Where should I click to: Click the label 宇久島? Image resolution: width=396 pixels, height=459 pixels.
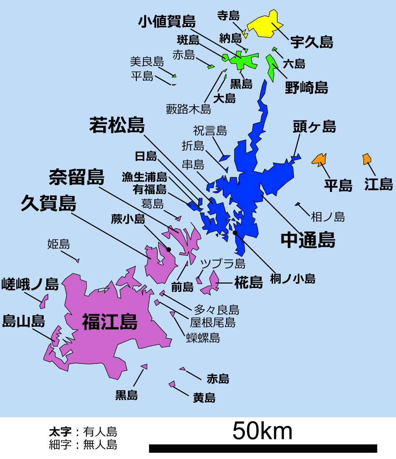pyautogui.click(x=311, y=42)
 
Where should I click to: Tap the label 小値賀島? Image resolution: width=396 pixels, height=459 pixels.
pyautogui.click(x=167, y=22)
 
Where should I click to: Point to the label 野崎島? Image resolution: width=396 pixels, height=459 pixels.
pyautogui.click(x=306, y=87)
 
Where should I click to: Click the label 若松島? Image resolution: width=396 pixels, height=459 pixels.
pyautogui.click(x=117, y=125)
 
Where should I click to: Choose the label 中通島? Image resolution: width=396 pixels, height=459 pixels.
pyautogui.click(x=308, y=240)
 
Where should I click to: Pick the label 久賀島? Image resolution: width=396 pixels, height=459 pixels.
pyautogui.click(x=48, y=203)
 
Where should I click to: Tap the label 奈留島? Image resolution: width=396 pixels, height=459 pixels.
pyautogui.click(x=77, y=177)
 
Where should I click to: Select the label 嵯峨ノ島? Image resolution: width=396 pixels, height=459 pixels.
pyautogui.click(x=30, y=284)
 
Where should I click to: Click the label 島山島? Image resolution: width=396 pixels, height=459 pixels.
pyautogui.click(x=24, y=321)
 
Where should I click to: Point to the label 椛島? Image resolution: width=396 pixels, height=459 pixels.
pyautogui.click(x=248, y=283)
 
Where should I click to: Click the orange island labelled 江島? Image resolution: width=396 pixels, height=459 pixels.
pyautogui.click(x=367, y=159)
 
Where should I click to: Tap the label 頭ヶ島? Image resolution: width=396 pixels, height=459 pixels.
pyautogui.click(x=314, y=127)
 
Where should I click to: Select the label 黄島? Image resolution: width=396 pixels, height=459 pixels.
pyautogui.click(x=204, y=397)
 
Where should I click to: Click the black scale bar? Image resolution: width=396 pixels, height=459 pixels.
pyautogui.click(x=263, y=448)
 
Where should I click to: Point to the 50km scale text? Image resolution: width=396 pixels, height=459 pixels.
pyautogui.click(x=262, y=431)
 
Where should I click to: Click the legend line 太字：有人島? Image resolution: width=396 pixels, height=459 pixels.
pyautogui.click(x=83, y=432)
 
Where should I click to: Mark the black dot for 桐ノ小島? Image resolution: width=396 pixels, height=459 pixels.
pyautogui.click(x=235, y=233)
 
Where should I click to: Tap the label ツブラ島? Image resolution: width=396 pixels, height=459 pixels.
pyautogui.click(x=223, y=264)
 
